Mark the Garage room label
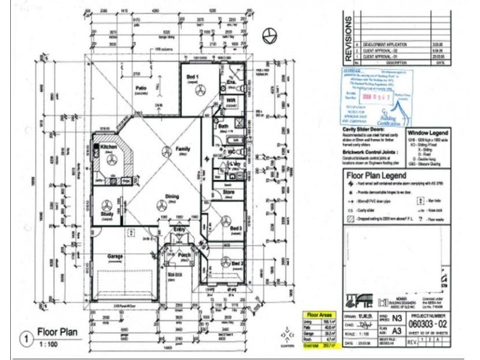tap(115, 256)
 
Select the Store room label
tap(228, 193)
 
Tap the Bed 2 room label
tap(238, 263)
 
